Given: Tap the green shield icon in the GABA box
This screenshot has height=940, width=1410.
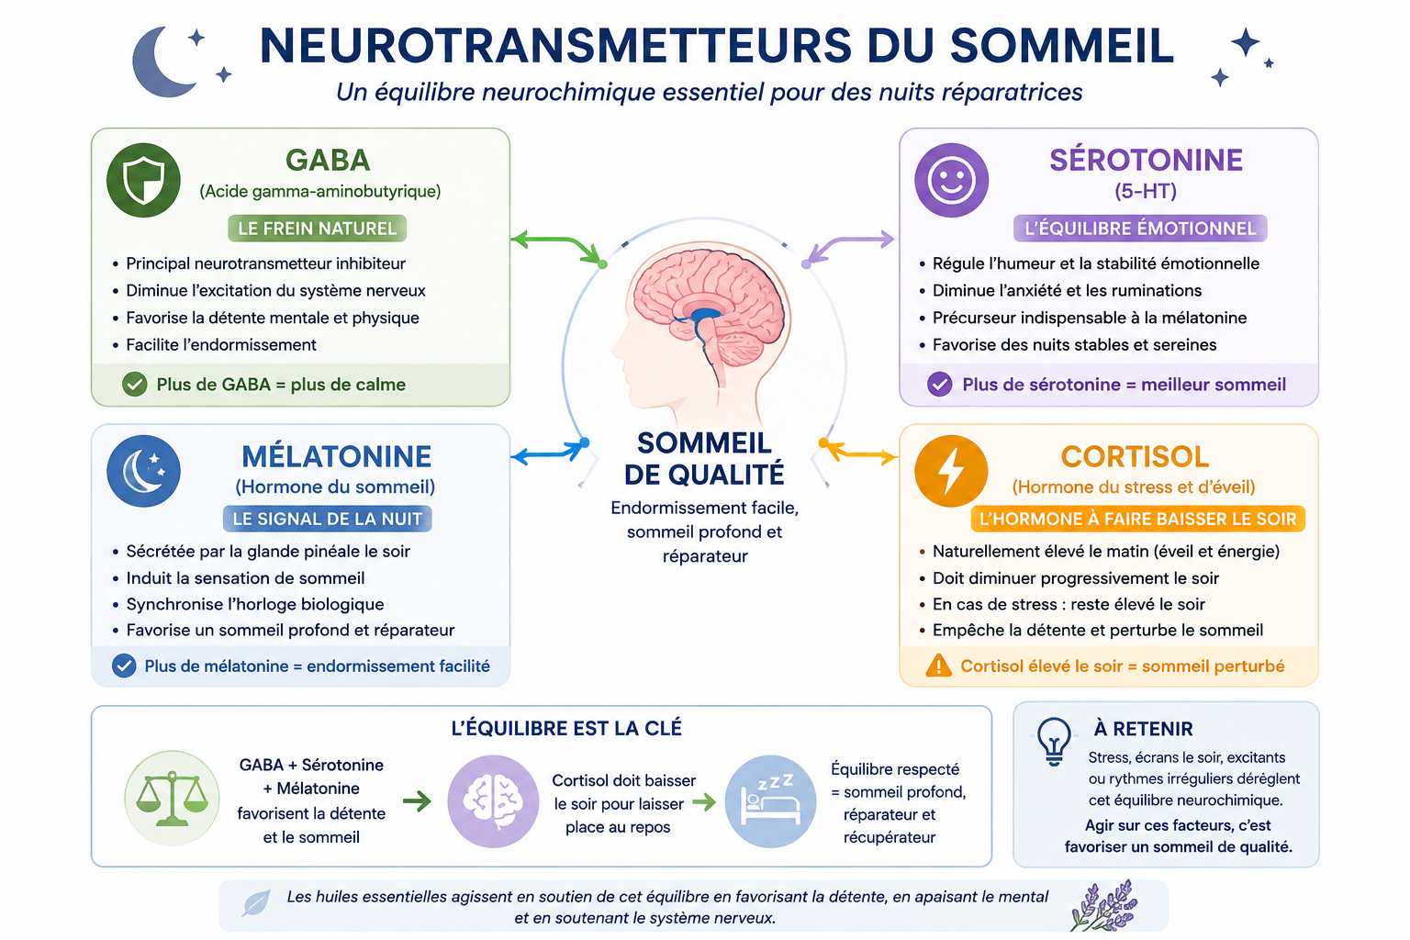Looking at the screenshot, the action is click(143, 180).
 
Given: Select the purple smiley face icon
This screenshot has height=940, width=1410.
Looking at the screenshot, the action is click(951, 180).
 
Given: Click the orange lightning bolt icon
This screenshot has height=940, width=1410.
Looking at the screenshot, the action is click(950, 471).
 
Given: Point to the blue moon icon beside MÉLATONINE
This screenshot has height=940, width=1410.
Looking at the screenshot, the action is click(143, 471).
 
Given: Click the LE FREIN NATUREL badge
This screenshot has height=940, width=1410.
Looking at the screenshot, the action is click(318, 228).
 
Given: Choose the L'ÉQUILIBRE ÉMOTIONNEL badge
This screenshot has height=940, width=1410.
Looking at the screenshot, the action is click(1140, 228).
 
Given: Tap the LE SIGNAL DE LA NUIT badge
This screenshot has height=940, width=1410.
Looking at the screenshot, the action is click(328, 519).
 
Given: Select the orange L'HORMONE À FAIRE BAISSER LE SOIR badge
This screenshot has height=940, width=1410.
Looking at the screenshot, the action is click(1138, 519).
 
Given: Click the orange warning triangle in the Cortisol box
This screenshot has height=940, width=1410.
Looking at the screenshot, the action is click(938, 666).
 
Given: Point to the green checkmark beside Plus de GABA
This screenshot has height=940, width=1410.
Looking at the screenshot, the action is click(135, 384).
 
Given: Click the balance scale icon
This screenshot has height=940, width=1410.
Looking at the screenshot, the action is click(172, 799).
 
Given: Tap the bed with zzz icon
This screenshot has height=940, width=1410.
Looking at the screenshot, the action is click(770, 800).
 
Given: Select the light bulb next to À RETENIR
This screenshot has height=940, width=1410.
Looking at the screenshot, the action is click(1054, 741).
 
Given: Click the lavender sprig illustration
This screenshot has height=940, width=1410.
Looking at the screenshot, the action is click(1104, 905).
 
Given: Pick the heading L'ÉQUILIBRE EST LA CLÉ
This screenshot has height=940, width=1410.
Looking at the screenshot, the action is click(566, 728).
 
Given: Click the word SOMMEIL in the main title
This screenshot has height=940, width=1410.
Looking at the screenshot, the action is click(1062, 45).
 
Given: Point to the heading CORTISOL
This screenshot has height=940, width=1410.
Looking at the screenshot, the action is click(1135, 456).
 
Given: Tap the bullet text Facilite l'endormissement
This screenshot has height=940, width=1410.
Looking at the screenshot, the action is click(221, 345).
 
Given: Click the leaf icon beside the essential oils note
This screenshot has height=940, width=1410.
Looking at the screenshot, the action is click(256, 903).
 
